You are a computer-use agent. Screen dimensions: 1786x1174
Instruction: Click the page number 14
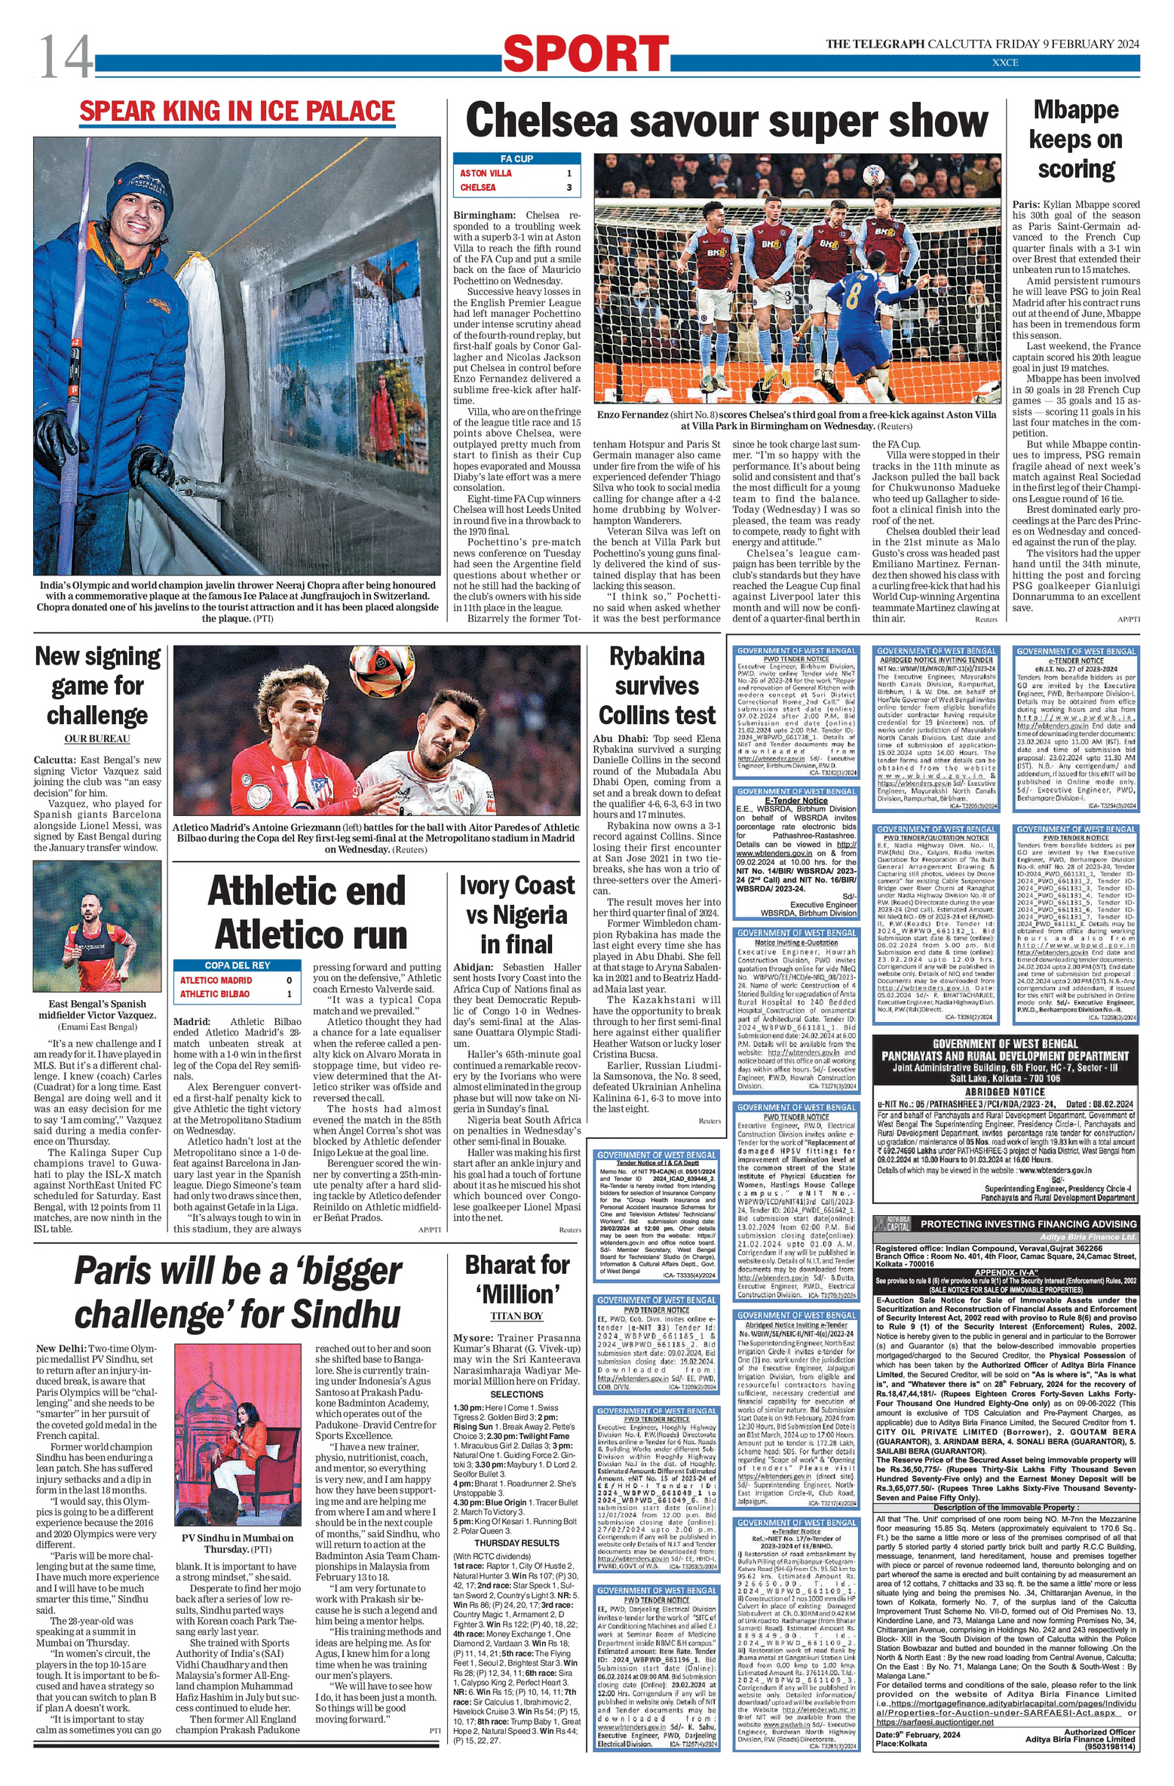[x=66, y=57]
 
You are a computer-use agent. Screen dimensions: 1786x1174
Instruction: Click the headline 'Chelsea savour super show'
[x=726, y=121]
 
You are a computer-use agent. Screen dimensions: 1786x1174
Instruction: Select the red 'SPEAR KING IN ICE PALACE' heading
[x=237, y=111]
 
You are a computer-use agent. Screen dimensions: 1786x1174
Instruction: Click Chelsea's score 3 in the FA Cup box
[x=569, y=187]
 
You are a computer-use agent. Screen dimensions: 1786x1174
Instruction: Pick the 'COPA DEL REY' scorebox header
[x=237, y=965]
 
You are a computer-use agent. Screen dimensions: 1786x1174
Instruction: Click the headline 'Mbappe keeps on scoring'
[x=1075, y=140]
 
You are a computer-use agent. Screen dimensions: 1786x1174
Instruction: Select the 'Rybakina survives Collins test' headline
[x=657, y=686]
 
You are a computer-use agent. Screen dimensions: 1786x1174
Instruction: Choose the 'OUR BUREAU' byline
[x=97, y=739]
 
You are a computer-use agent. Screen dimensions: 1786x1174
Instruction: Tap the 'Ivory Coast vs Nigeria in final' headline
[x=516, y=915]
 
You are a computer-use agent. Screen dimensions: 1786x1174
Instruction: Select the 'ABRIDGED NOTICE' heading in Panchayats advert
[x=1004, y=1091]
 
